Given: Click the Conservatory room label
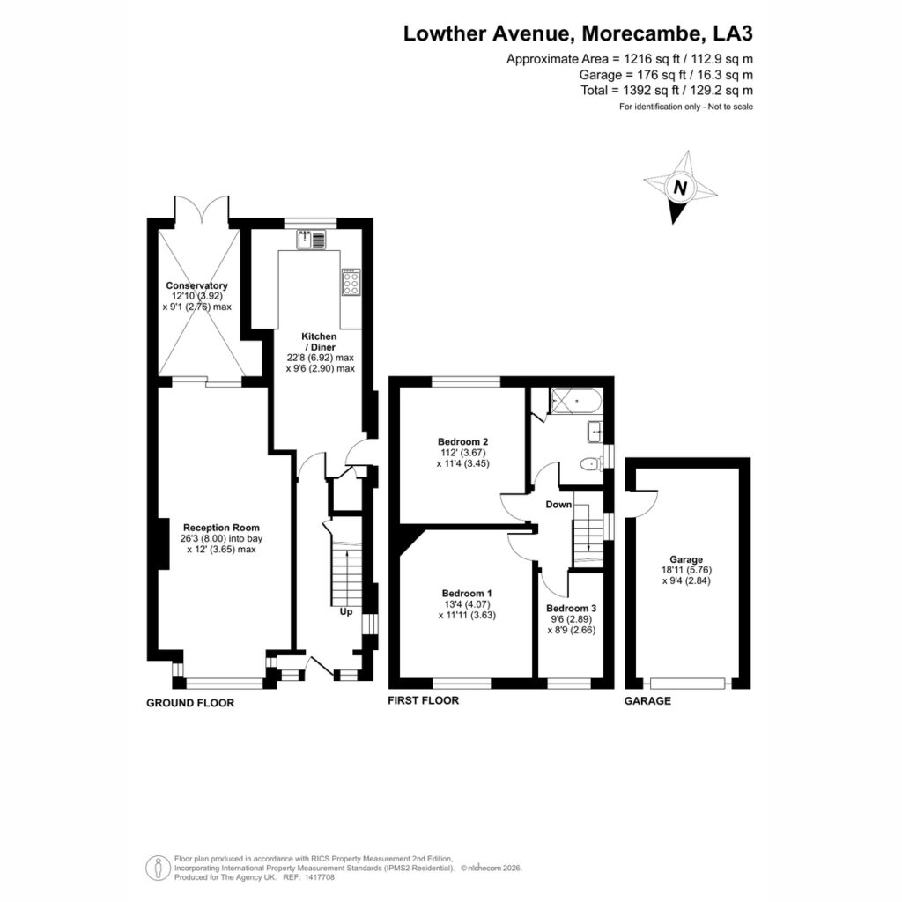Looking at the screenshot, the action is [196, 286].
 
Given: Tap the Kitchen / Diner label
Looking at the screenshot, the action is [319, 342].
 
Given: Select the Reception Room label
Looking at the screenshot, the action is [221, 528].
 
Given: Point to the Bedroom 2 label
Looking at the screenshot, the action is [463, 442].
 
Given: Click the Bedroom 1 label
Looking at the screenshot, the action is [467, 594].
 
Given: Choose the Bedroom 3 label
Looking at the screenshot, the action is [571, 609].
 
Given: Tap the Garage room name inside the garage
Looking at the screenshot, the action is [686, 559].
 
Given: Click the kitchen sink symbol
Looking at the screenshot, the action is [311, 240].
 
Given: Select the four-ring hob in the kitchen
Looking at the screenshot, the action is [351, 283].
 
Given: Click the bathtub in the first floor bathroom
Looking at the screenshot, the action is [576, 402].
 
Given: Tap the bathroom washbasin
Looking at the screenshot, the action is [595, 432].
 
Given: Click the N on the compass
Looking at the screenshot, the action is [681, 189].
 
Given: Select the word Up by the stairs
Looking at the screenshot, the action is [345, 611].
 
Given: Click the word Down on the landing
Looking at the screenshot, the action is [558, 505].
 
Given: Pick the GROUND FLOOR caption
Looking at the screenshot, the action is [190, 703].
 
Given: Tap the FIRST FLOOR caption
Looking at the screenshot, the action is [424, 700].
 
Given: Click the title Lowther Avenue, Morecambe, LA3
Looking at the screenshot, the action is [578, 33].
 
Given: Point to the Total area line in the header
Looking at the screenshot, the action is [667, 91].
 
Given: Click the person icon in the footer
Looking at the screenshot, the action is [159, 868].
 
